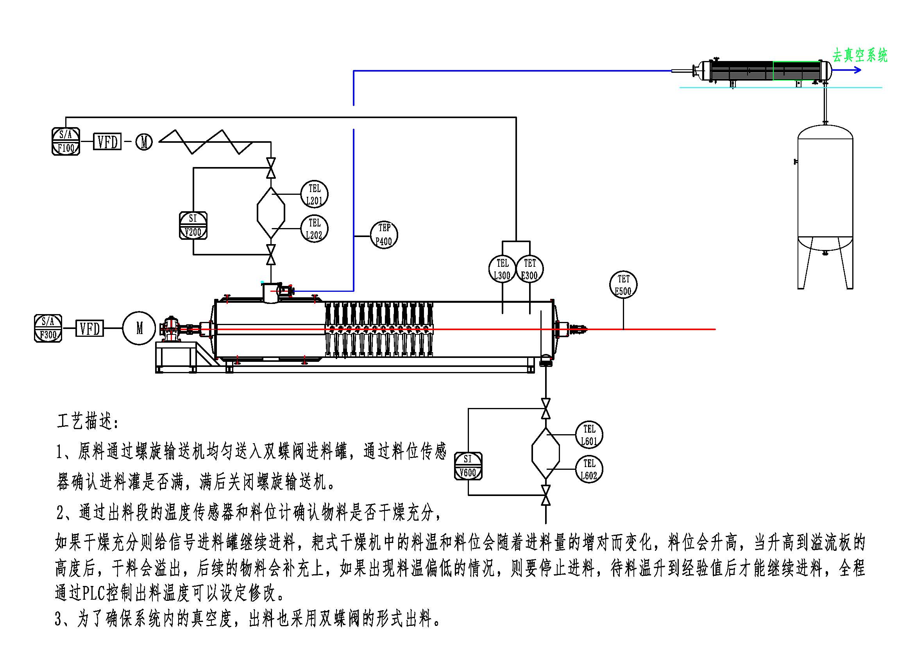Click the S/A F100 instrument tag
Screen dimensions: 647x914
coord(66,142)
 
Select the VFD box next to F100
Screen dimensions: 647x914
coord(107,142)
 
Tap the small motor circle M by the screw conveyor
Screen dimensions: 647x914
coord(144,142)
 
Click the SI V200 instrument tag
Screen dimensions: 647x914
coord(193,225)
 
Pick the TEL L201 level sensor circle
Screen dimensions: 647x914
coord(314,194)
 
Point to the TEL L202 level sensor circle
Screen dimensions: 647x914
coord(314,229)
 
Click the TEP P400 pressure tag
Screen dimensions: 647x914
coord(384,235)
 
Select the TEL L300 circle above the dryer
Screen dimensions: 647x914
coord(502,269)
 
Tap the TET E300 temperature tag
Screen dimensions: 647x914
coord(529,269)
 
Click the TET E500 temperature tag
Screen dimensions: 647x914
coord(623,285)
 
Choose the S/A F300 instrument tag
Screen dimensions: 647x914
coord(48,328)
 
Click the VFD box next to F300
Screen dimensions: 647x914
coord(89,329)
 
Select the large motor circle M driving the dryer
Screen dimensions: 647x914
coord(139,328)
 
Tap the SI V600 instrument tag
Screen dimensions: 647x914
coord(468,466)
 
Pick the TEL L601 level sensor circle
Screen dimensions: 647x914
coord(589,435)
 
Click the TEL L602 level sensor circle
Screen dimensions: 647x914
coord(589,469)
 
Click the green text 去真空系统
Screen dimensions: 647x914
coord(860,56)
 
